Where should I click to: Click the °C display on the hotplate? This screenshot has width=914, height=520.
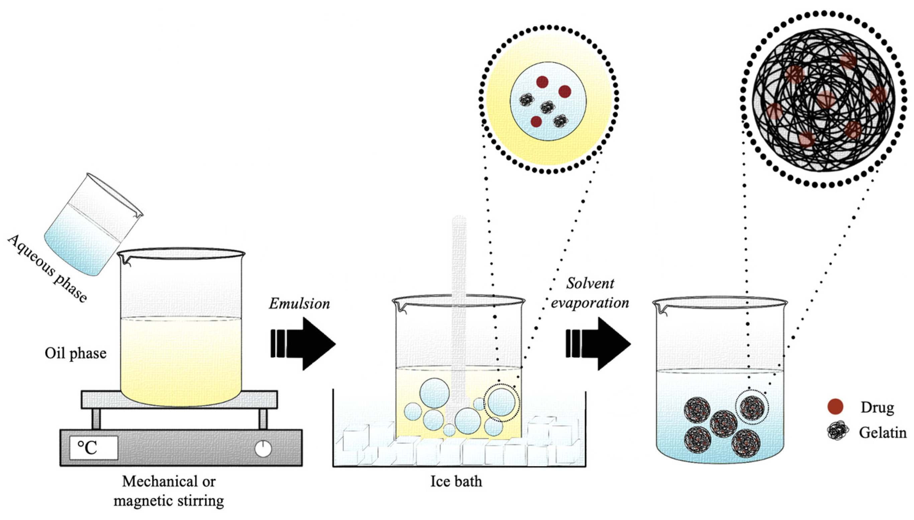coord(93,447)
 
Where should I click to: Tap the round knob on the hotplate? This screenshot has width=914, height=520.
coord(263,449)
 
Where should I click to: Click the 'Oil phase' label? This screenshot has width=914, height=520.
coord(75,353)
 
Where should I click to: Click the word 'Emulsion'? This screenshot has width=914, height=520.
coord(299,303)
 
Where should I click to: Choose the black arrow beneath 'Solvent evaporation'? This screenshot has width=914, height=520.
coord(598,344)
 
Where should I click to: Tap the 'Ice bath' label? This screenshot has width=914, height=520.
coord(456,482)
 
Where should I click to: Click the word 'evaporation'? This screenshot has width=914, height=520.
coord(590,302)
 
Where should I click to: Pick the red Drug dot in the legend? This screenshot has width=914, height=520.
coord(835,407)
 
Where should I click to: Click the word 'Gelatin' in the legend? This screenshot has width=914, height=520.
coord(883,433)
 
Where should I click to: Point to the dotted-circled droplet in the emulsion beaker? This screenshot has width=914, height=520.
coord(501,402)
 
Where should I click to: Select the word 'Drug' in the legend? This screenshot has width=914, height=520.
coord(877,407)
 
